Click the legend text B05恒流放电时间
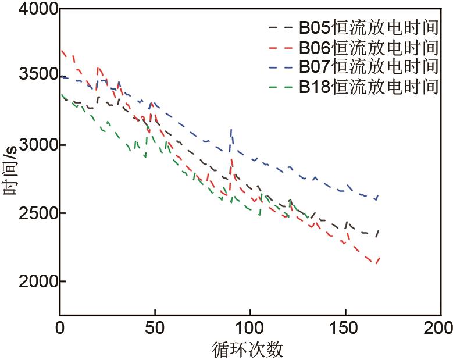[x=369, y=27]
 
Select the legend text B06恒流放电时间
[x=369, y=47]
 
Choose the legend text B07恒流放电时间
[x=369, y=66]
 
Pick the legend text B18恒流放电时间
[x=369, y=87]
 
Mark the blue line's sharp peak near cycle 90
[x=231, y=129]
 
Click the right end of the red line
[x=379, y=258]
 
